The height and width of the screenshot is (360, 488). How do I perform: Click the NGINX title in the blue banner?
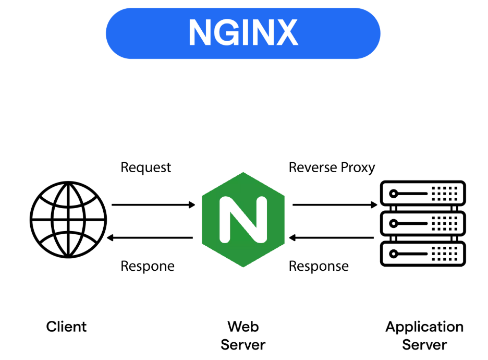[x=243, y=33]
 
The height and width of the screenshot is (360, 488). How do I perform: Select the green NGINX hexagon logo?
[x=243, y=219]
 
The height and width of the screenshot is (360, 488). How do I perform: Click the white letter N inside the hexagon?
[x=243, y=219]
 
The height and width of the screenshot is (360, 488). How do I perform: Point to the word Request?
[x=145, y=168]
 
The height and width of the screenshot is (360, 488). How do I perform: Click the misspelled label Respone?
[x=147, y=266]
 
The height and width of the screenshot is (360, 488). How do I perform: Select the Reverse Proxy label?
[x=332, y=167]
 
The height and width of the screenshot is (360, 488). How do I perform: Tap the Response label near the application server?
[x=319, y=266]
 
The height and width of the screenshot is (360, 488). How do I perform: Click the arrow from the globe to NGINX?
[x=153, y=205]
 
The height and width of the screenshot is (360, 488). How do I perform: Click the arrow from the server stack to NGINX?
[x=332, y=238]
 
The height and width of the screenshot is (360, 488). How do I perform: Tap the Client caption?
[x=66, y=327]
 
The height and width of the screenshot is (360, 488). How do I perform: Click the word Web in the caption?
[x=243, y=327]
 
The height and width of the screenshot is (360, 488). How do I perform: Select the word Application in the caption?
[x=424, y=328]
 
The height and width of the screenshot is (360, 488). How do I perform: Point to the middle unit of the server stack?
[x=423, y=223]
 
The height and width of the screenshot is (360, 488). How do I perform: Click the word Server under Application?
[x=424, y=345]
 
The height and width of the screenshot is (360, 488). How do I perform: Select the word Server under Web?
[x=243, y=345]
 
